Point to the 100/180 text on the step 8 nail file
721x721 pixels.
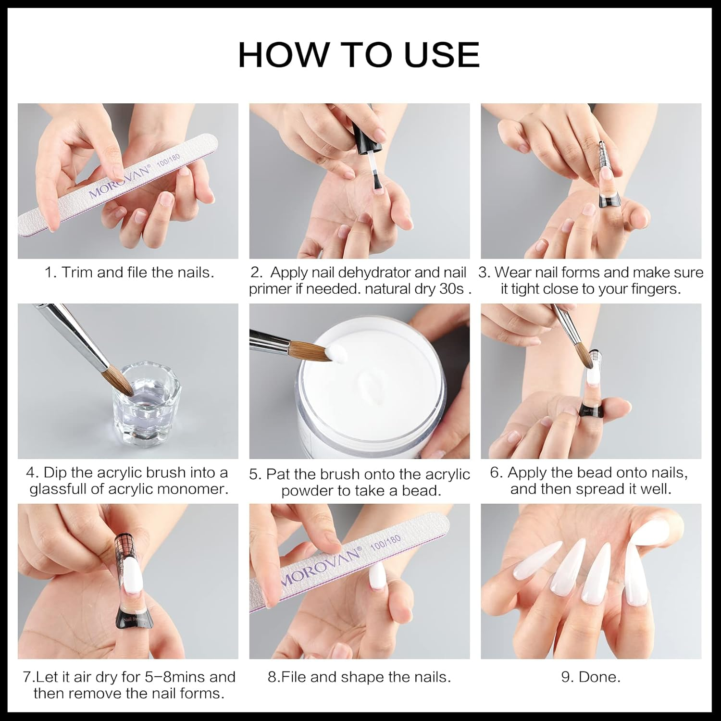click(x=385, y=542)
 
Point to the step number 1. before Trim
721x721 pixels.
click(x=51, y=273)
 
